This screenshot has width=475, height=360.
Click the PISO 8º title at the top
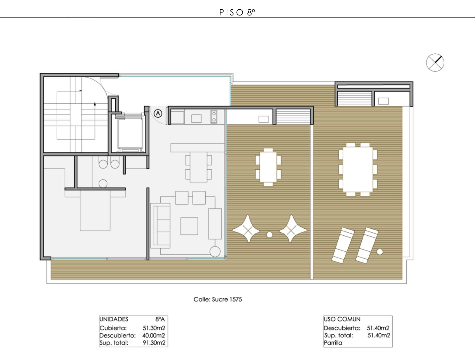point(237,12)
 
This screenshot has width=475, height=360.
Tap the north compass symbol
point(435,62)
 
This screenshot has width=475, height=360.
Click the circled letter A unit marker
point(158,113)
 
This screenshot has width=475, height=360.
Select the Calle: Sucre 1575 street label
point(218,299)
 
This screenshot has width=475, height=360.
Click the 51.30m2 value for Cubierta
point(154,328)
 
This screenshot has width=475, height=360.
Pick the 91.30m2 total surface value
point(154,343)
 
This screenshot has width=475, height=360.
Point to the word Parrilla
point(333,343)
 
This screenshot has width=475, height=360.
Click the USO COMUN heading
point(342,319)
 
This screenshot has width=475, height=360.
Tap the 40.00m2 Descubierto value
point(154,335)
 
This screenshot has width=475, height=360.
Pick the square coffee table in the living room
point(189,226)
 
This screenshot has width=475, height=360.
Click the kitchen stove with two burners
point(214,117)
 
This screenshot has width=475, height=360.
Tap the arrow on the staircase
point(95,121)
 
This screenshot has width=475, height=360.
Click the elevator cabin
point(130,133)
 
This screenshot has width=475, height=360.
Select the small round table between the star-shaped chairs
point(269,234)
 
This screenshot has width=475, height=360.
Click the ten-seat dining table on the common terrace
point(358,170)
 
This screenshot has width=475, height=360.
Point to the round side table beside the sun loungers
point(379,252)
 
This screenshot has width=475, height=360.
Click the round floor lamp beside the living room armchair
point(215,252)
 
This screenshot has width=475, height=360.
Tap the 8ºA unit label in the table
point(160,319)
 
